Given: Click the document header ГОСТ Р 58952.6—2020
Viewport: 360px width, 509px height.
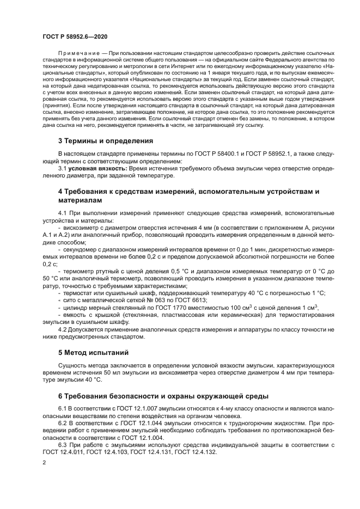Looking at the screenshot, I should click(x=75, y=36).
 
